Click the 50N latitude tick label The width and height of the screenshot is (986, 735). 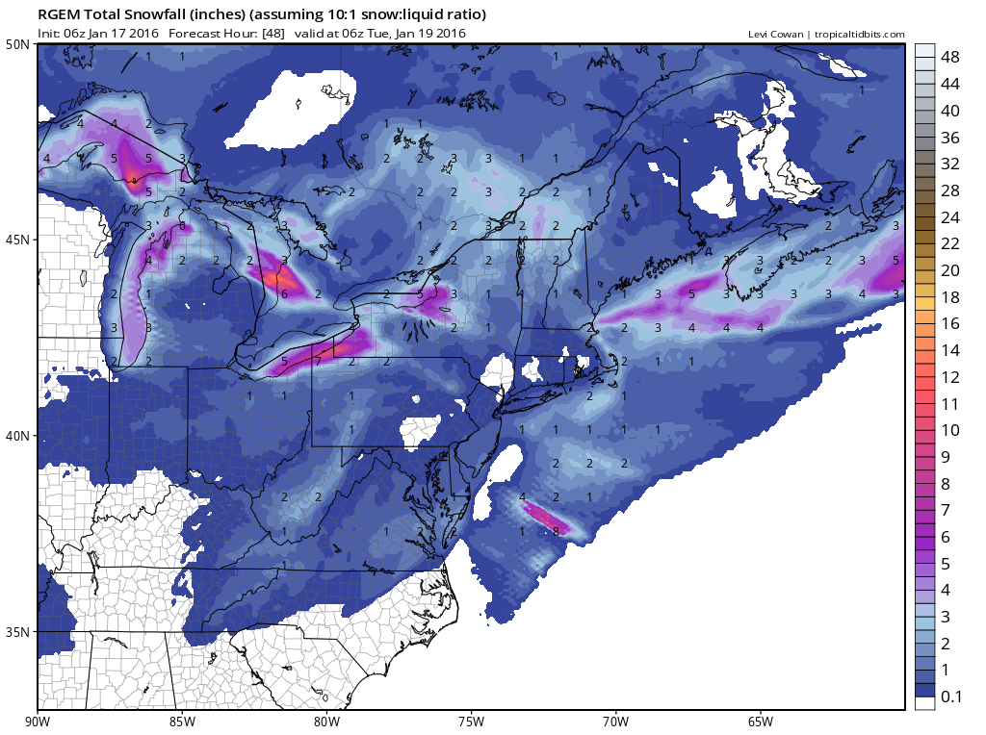(x=16, y=44)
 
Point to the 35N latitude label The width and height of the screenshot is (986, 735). (x=16, y=632)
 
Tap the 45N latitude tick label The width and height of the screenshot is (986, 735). (x=16, y=240)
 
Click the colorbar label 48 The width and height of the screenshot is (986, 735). (x=950, y=57)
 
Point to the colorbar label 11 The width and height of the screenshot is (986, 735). (x=950, y=403)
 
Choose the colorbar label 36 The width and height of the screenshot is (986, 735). (x=950, y=137)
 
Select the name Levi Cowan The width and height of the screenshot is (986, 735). (x=777, y=35)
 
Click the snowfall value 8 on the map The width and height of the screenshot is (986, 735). (x=556, y=531)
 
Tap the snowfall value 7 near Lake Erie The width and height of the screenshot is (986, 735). (x=318, y=362)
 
